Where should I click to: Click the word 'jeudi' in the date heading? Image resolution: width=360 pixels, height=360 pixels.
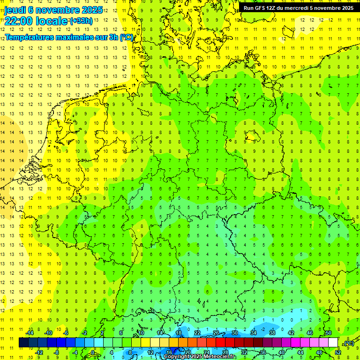point(15,10)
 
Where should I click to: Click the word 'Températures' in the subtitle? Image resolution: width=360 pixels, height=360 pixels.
point(29,37)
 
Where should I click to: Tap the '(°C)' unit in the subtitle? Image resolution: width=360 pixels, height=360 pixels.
point(127,37)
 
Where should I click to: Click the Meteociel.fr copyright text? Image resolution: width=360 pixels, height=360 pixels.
point(200,357)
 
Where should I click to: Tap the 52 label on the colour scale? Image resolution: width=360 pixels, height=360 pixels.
point(338,352)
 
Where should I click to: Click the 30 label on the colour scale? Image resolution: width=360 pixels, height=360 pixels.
point(235,333)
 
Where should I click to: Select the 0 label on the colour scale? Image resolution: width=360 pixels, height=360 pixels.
point(94,352)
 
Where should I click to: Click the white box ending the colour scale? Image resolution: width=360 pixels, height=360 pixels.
point(333,343)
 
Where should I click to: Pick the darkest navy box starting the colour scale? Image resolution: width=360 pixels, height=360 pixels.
point(23,343)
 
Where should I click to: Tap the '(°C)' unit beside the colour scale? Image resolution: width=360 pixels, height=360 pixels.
point(349,343)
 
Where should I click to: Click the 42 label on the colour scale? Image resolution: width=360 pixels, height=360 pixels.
point(291,333)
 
